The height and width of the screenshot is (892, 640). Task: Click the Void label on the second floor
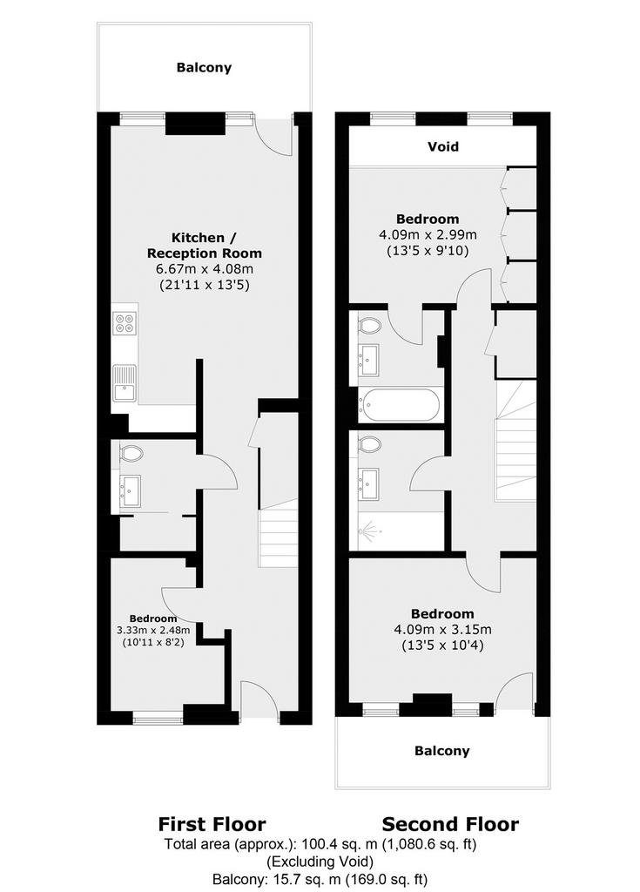coord(442,146)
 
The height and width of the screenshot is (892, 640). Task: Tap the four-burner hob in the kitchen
coord(125,324)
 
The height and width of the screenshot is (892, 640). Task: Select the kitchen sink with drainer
coord(125,383)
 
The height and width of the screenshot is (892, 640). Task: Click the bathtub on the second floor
coord(399,404)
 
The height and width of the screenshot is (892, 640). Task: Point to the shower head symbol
coord(365,530)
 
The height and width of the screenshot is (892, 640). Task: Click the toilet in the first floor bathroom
coord(131,453)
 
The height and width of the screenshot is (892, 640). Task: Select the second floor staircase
coord(516,441)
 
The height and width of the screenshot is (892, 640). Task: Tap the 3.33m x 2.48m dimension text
coord(153,631)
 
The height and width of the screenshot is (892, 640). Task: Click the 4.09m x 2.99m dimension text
coord(428,234)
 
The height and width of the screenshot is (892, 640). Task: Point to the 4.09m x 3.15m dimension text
coord(442,630)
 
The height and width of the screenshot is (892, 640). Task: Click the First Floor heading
coord(212,824)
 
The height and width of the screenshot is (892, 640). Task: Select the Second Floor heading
coord(450,824)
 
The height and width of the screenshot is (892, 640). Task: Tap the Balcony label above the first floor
coord(204,68)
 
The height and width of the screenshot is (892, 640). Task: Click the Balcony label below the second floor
coord(442,751)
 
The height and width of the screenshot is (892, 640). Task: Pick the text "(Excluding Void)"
coord(320,861)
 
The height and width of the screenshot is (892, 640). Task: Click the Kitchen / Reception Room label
coord(205,245)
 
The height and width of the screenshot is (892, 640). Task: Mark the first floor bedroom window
coord(158,719)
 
